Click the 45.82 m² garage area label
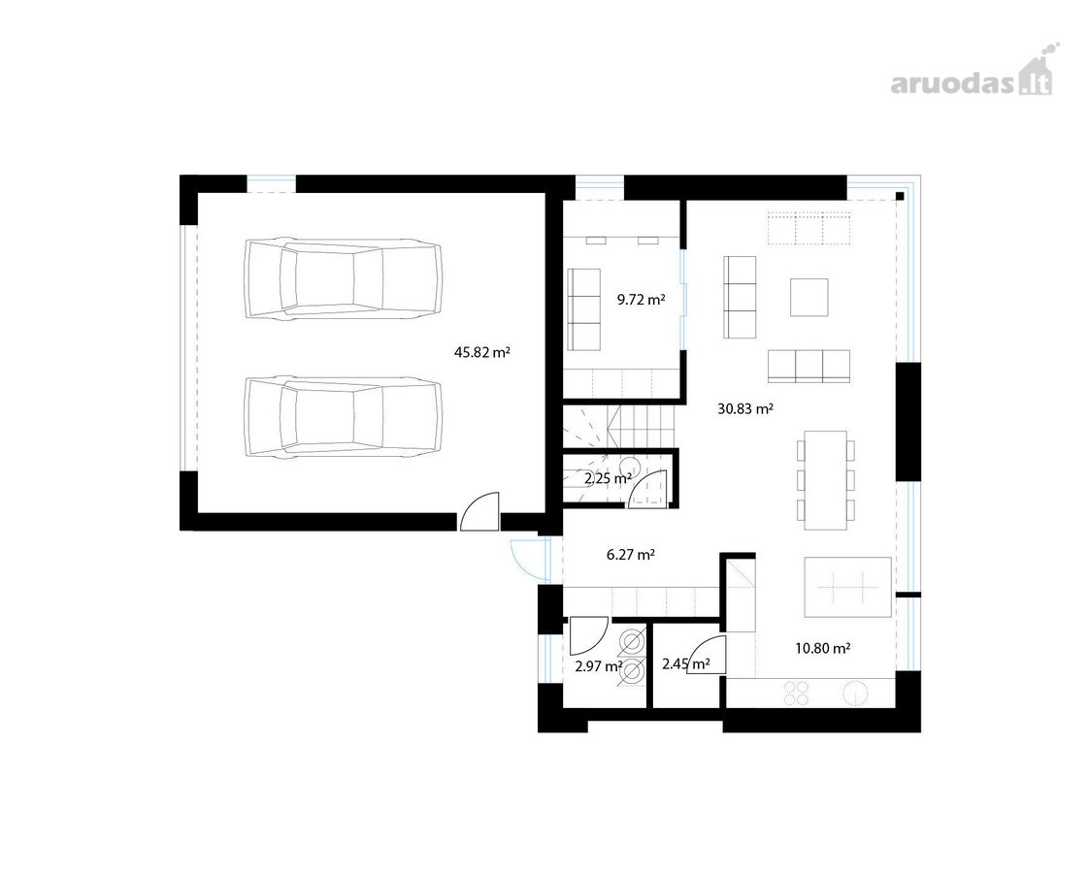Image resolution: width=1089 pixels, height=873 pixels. [482, 352]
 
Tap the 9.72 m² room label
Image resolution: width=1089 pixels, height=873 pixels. [641, 300]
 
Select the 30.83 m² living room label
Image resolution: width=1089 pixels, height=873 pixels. [745, 408]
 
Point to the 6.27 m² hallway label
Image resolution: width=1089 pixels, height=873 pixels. [631, 555]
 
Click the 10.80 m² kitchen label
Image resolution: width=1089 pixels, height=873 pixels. [823, 648]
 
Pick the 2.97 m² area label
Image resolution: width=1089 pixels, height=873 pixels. [599, 666]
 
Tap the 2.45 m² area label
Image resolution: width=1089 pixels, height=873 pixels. [685, 664]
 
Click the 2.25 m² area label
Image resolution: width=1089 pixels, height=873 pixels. [608, 478]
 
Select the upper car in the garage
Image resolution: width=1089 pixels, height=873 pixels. [343, 279]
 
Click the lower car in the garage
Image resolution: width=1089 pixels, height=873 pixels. [343, 417]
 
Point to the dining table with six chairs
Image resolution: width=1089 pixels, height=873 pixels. [826, 480]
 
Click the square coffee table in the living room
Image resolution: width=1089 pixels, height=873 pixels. [809, 297]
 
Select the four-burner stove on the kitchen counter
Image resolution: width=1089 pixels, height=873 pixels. [797, 693]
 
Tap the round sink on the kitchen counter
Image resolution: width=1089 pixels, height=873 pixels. [855, 694]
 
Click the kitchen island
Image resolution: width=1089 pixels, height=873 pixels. [847, 587]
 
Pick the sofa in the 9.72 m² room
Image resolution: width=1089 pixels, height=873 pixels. [584, 309]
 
